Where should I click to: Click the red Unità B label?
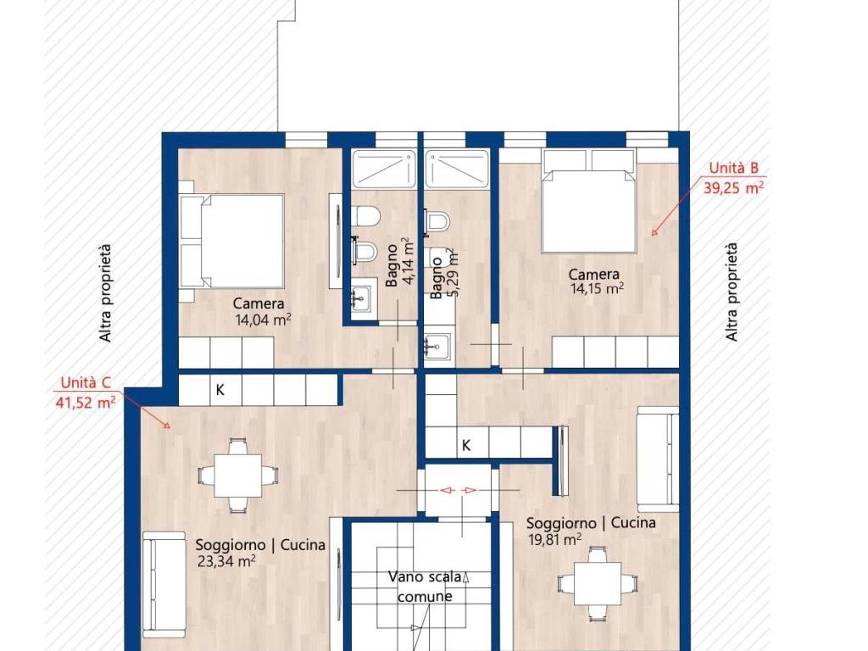[733, 168]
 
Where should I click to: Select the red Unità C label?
[86, 382]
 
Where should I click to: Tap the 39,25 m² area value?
[733, 187]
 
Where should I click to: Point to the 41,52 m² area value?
[86, 402]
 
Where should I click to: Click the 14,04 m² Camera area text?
[263, 320]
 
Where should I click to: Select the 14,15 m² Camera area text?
[598, 289]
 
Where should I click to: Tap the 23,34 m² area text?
[226, 562]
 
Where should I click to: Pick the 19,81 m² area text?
[555, 540]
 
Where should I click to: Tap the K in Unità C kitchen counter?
[220, 390]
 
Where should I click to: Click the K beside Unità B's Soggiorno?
[466, 445]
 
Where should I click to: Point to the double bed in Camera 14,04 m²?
[232, 241]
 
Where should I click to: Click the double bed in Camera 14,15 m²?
[588, 211]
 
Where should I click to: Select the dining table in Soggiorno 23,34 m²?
[238, 476]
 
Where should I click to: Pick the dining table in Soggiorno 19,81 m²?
[598, 583]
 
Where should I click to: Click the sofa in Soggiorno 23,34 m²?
[164, 585]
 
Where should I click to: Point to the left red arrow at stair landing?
[448, 491]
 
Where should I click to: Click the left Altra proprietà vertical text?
[105, 293]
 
